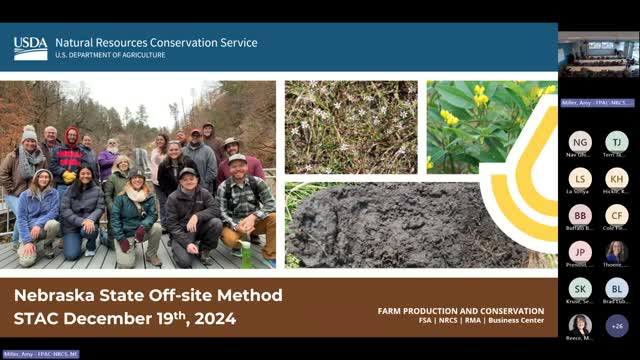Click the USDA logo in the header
(30, 48)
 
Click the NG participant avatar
(580, 142)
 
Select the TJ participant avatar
(617, 142)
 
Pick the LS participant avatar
(580, 179)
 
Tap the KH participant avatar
(617, 179)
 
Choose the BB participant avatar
(580, 215)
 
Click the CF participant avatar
(617, 215)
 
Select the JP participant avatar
(580, 252)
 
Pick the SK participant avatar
(580, 289)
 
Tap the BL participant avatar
(617, 289)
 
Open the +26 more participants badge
(617, 325)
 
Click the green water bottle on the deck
(246, 254)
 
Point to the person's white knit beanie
(29, 132)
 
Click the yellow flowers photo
(480, 125)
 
